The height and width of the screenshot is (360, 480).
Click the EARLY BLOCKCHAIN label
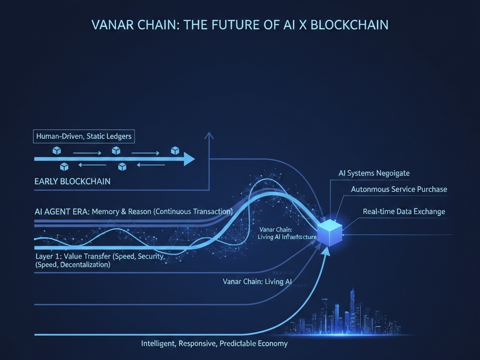(x=73, y=181)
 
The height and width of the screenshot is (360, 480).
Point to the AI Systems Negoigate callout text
(x=374, y=173)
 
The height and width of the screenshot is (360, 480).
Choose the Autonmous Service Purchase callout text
(x=399, y=189)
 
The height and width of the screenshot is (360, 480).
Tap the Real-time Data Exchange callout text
(x=404, y=211)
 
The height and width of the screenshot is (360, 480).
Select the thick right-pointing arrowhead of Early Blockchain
(x=188, y=159)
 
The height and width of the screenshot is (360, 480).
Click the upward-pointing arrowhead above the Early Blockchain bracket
(x=209, y=135)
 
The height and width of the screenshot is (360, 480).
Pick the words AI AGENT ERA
(x=61, y=211)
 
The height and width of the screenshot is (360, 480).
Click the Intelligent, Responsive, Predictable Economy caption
(x=214, y=344)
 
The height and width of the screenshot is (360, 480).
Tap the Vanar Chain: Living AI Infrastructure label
(x=287, y=233)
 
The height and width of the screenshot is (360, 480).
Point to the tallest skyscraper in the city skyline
(x=352, y=309)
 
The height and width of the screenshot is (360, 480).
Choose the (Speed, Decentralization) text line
(x=73, y=265)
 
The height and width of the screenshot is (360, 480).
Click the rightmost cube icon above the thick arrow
(x=175, y=150)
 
